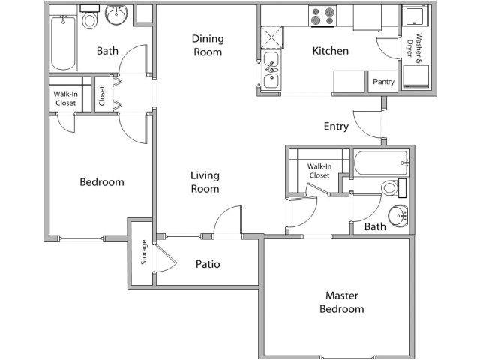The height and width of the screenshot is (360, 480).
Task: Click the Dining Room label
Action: click(208, 45)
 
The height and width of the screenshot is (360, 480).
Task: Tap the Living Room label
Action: click(204, 182)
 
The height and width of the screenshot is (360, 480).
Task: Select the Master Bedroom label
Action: click(341, 302)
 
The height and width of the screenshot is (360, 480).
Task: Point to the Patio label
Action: click(207, 264)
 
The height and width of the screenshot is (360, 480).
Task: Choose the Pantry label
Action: click(383, 81)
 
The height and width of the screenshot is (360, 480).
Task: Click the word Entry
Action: click(336, 127)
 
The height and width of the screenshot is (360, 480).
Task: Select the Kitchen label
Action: click(330, 52)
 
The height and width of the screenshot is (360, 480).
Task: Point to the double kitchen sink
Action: click(271, 70)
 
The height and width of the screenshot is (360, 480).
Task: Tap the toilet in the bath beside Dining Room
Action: click(90, 19)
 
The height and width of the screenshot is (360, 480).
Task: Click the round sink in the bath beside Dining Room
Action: click(116, 15)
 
